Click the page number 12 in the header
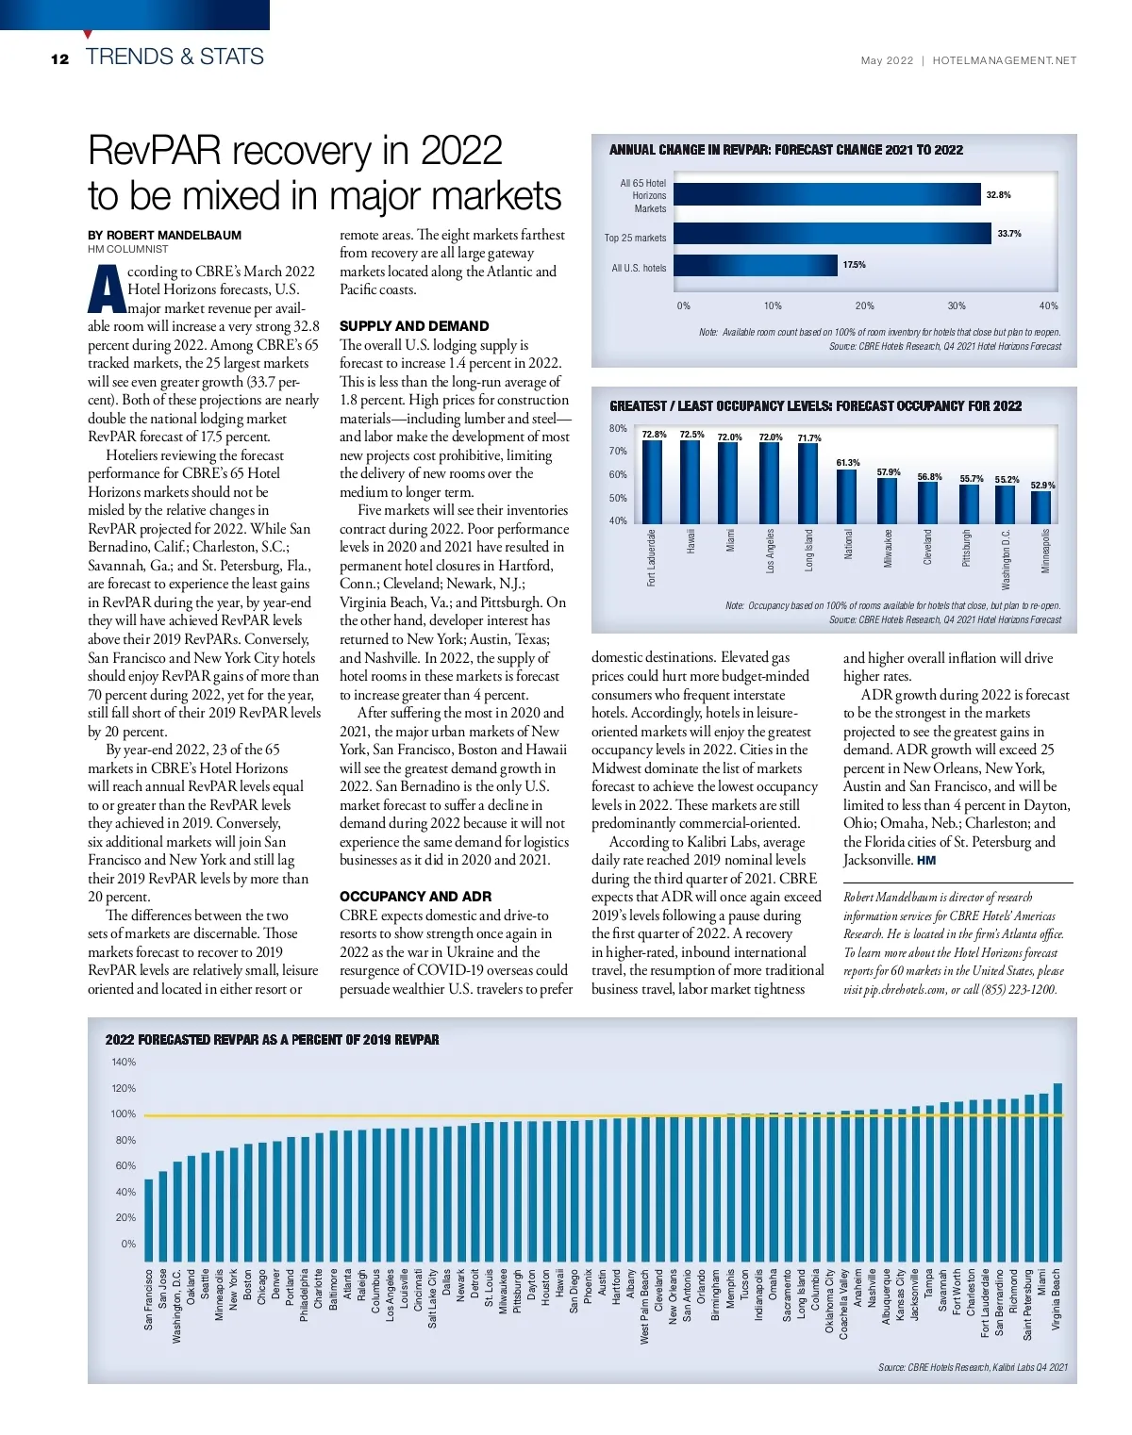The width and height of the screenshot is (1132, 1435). (59, 58)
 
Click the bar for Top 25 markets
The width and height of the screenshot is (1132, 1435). (834, 234)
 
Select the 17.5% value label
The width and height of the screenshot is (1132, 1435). (854, 265)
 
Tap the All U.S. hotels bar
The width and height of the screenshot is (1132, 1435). (756, 266)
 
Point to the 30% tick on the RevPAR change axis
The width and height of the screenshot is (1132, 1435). (957, 305)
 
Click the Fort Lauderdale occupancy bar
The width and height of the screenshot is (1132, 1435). (652, 482)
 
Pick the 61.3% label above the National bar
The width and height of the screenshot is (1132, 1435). (848, 463)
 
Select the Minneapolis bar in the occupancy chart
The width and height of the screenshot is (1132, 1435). (1040, 507)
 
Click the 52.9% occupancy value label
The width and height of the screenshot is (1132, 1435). (1042, 485)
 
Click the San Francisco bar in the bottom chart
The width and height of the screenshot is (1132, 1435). (148, 1212)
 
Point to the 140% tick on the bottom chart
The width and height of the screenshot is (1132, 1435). (124, 1062)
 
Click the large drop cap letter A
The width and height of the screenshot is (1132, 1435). (107, 289)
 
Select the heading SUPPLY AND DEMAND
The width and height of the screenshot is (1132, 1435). (414, 326)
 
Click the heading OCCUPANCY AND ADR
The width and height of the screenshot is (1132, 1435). (415, 897)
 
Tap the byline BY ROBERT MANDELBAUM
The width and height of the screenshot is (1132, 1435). (164, 235)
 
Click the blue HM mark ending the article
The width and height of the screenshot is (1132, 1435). (926, 861)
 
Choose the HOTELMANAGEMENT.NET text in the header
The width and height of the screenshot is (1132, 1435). (1004, 60)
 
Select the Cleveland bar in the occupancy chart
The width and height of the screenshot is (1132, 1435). (928, 503)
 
